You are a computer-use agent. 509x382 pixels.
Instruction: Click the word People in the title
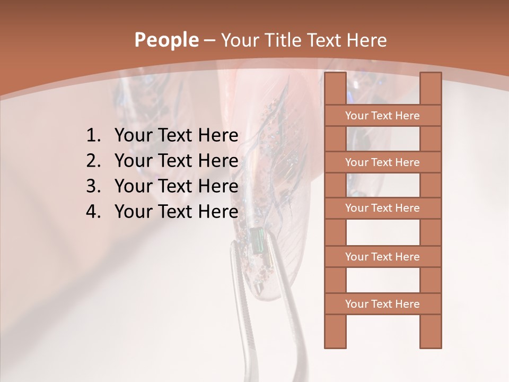click(165, 40)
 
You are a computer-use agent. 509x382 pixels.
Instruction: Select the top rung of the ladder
click(382, 116)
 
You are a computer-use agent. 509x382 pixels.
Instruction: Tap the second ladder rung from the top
click(382, 162)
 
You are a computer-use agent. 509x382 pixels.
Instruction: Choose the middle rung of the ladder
click(382, 208)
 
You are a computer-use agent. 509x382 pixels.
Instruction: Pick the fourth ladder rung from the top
click(382, 257)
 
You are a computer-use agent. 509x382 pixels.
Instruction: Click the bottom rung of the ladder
click(382, 304)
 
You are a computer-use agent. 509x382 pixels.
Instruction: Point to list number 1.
click(93, 136)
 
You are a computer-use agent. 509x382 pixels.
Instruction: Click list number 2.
click(93, 161)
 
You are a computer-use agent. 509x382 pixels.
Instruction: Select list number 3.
click(93, 186)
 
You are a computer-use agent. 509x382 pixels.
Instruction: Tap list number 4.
click(93, 212)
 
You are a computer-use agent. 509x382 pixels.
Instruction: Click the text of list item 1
click(176, 136)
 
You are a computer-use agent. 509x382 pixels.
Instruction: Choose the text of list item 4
click(176, 212)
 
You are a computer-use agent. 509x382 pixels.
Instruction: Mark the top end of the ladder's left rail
click(335, 75)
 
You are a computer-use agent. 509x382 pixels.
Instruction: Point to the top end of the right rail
click(431, 75)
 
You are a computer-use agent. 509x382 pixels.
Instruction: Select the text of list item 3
click(176, 186)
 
